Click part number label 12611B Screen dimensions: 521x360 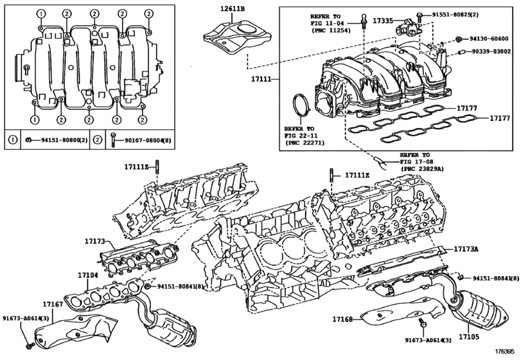[233, 8]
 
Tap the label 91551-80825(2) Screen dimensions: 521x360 [455, 15]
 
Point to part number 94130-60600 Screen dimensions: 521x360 [489, 39]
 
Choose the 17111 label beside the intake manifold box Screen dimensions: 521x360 [261, 79]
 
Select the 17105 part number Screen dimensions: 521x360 [469, 337]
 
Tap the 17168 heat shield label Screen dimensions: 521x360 [342, 319]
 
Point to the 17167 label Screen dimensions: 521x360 [53, 304]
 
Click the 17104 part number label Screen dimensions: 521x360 [88, 275]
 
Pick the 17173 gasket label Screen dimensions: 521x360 [94, 241]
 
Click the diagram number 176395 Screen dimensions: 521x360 [507, 352]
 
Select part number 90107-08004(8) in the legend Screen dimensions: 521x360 [148, 140]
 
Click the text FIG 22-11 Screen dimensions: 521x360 [301, 136]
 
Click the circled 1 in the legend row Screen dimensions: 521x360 [13, 140]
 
